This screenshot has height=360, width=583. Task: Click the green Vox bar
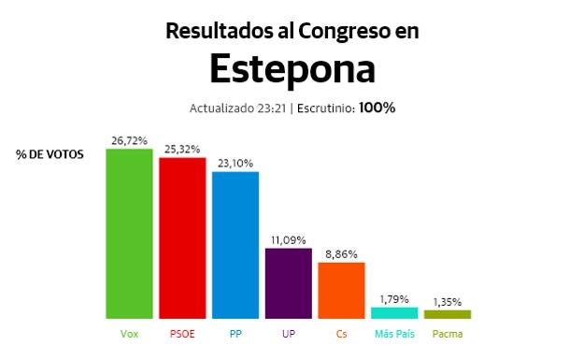(x=129, y=234)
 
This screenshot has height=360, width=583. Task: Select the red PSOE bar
(x=182, y=238)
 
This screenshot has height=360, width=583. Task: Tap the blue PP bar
(x=235, y=245)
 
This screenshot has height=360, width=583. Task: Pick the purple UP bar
(x=289, y=283)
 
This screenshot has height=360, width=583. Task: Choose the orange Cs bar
(x=341, y=291)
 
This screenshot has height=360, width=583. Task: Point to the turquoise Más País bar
(x=394, y=313)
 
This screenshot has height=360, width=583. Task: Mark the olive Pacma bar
(x=448, y=314)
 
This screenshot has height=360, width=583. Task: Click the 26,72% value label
(x=129, y=140)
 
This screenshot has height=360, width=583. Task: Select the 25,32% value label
(x=182, y=149)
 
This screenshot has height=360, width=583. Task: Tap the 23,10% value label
(x=235, y=163)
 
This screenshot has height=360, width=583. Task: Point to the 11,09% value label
(x=289, y=239)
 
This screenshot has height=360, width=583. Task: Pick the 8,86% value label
(x=341, y=253)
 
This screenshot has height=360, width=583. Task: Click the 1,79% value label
(x=394, y=298)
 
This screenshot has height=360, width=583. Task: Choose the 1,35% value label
(x=448, y=301)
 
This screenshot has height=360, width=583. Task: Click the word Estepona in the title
(x=291, y=68)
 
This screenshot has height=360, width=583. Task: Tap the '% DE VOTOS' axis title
(x=50, y=154)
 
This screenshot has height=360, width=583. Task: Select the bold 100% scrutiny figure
(x=377, y=108)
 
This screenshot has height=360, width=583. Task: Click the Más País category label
(x=394, y=334)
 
